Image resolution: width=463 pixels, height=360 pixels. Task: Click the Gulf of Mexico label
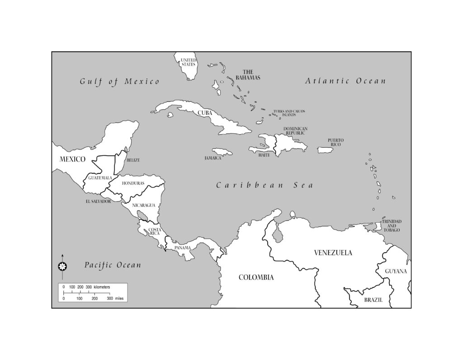pyautogui.click(x=120, y=82)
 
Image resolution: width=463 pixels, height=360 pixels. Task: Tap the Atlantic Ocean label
pyautogui.click(x=346, y=81)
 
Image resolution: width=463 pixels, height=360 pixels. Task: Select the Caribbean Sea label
pyautogui.click(x=264, y=185)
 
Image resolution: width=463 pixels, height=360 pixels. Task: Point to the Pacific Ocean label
pyautogui.click(x=113, y=265)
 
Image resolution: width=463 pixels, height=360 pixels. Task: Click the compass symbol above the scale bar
pyautogui.click(x=62, y=266)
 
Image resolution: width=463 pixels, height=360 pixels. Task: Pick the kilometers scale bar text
pyautogui.click(x=86, y=287)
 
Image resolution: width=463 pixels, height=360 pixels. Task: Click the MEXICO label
pyautogui.click(x=73, y=159)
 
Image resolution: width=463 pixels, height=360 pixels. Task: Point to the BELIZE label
pyautogui.click(x=133, y=160)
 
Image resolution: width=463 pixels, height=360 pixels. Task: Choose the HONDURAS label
pyautogui.click(x=133, y=183)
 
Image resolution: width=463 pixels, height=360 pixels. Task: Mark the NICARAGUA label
pyautogui.click(x=144, y=205)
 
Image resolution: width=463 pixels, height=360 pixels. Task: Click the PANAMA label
pyautogui.click(x=182, y=248)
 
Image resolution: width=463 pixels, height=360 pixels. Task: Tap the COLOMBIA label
pyautogui.click(x=256, y=277)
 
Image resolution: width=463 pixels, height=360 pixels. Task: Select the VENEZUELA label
pyautogui.click(x=333, y=253)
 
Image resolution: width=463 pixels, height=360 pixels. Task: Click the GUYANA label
pyautogui.click(x=396, y=271)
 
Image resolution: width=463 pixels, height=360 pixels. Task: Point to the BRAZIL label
pyautogui.click(x=373, y=300)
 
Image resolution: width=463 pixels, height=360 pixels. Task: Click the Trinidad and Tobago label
pyautogui.click(x=391, y=226)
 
